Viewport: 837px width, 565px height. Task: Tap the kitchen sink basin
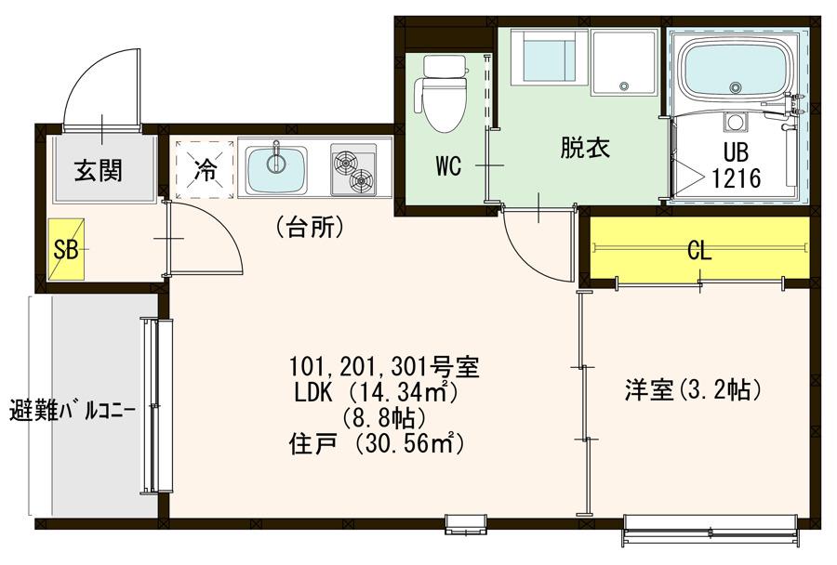tap(276, 168)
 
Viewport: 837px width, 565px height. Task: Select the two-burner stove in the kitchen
tap(352, 170)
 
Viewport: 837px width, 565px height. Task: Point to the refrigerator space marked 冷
tap(206, 169)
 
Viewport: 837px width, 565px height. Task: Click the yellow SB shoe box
tap(66, 249)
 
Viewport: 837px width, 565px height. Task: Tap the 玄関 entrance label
tap(99, 171)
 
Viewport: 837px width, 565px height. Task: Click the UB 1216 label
tap(737, 165)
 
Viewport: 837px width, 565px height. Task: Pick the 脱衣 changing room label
tap(585, 148)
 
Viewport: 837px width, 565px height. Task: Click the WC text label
tap(448, 166)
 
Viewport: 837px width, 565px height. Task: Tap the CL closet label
tap(699, 250)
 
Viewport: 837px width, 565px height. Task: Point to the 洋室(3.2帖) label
tap(692, 390)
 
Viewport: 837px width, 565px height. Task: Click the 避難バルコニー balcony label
tap(73, 412)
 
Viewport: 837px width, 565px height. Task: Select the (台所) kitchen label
tap(309, 228)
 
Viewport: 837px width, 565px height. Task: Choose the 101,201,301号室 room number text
tap(384, 366)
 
